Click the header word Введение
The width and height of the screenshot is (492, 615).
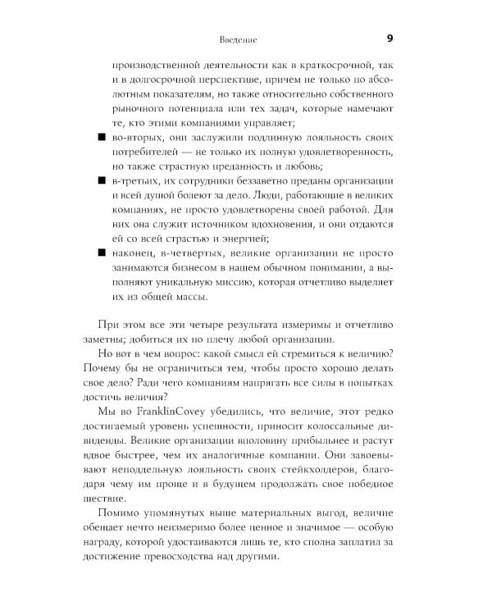pyautogui.click(x=240, y=39)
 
